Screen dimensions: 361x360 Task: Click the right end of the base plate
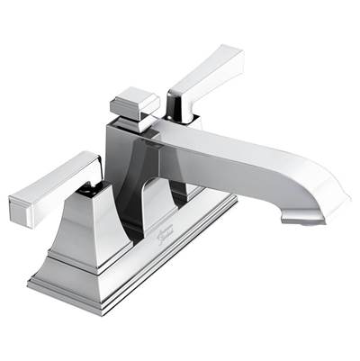233,203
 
